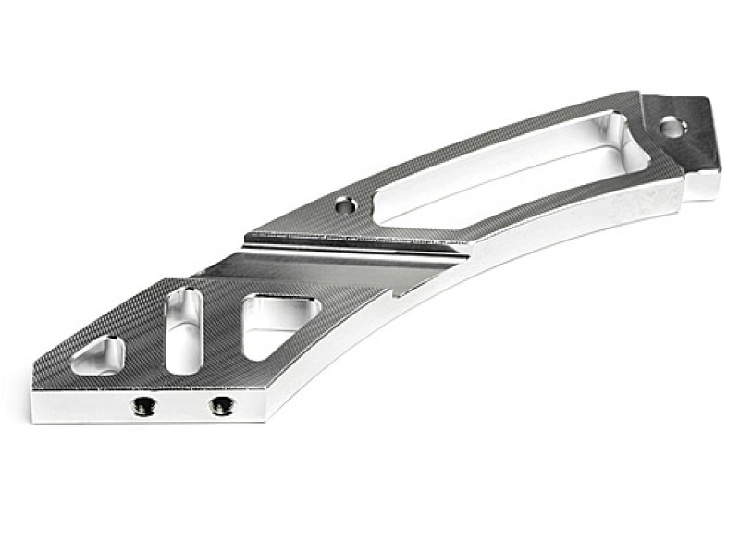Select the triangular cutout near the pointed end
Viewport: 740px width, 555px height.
coord(101,355)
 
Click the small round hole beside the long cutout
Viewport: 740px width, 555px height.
coord(347,204)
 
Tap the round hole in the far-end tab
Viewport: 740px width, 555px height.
coord(672,129)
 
